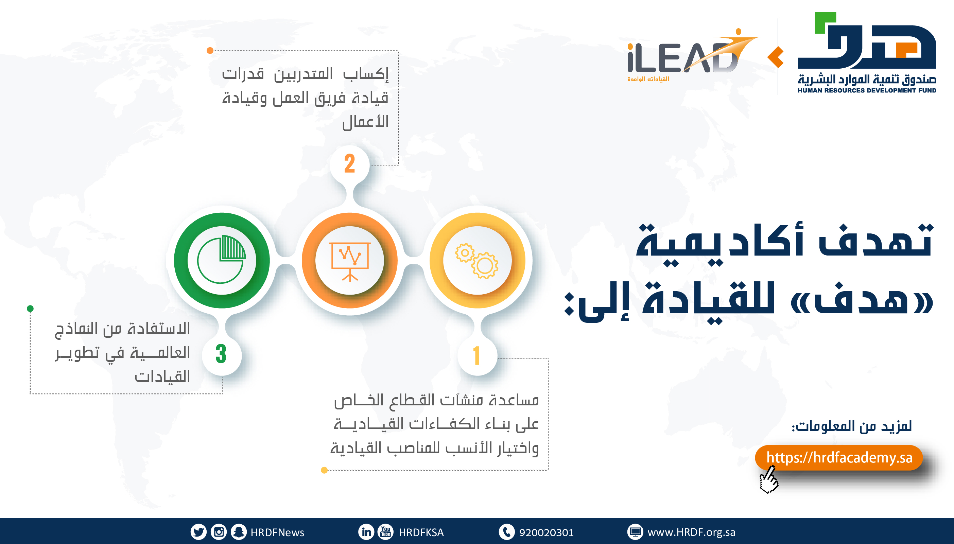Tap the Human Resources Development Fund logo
(x=867, y=52)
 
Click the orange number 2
(x=349, y=164)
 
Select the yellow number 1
(x=476, y=355)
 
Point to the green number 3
(x=221, y=354)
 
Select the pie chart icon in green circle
(x=221, y=259)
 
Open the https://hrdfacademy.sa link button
(x=839, y=457)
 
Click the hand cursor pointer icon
(x=768, y=480)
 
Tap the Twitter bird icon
(x=198, y=532)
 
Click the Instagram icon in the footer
(x=219, y=532)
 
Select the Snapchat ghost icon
(x=238, y=532)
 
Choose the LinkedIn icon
(x=366, y=532)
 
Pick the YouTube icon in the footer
(x=386, y=532)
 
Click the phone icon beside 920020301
(x=506, y=532)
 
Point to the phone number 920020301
(x=546, y=532)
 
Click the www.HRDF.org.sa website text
(x=691, y=532)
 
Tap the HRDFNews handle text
(x=277, y=532)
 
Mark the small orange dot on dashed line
(x=210, y=50)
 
